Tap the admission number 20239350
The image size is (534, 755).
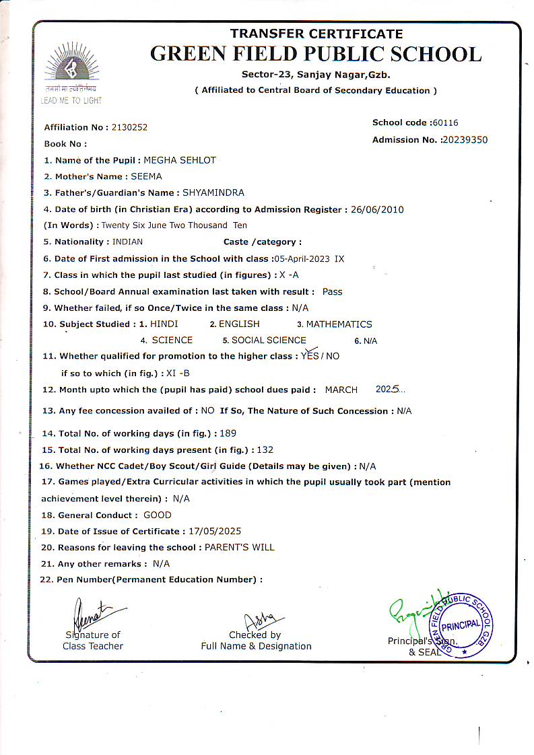point(464,140)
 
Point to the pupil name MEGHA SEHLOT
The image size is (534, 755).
point(180,160)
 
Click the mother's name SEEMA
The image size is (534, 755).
point(146,176)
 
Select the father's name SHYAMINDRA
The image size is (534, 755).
point(213,193)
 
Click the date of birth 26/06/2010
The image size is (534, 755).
point(377,209)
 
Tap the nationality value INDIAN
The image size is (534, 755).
point(127,242)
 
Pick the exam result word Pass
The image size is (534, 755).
point(333,291)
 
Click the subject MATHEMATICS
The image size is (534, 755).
point(339,324)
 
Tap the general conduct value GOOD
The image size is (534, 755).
point(158,515)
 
